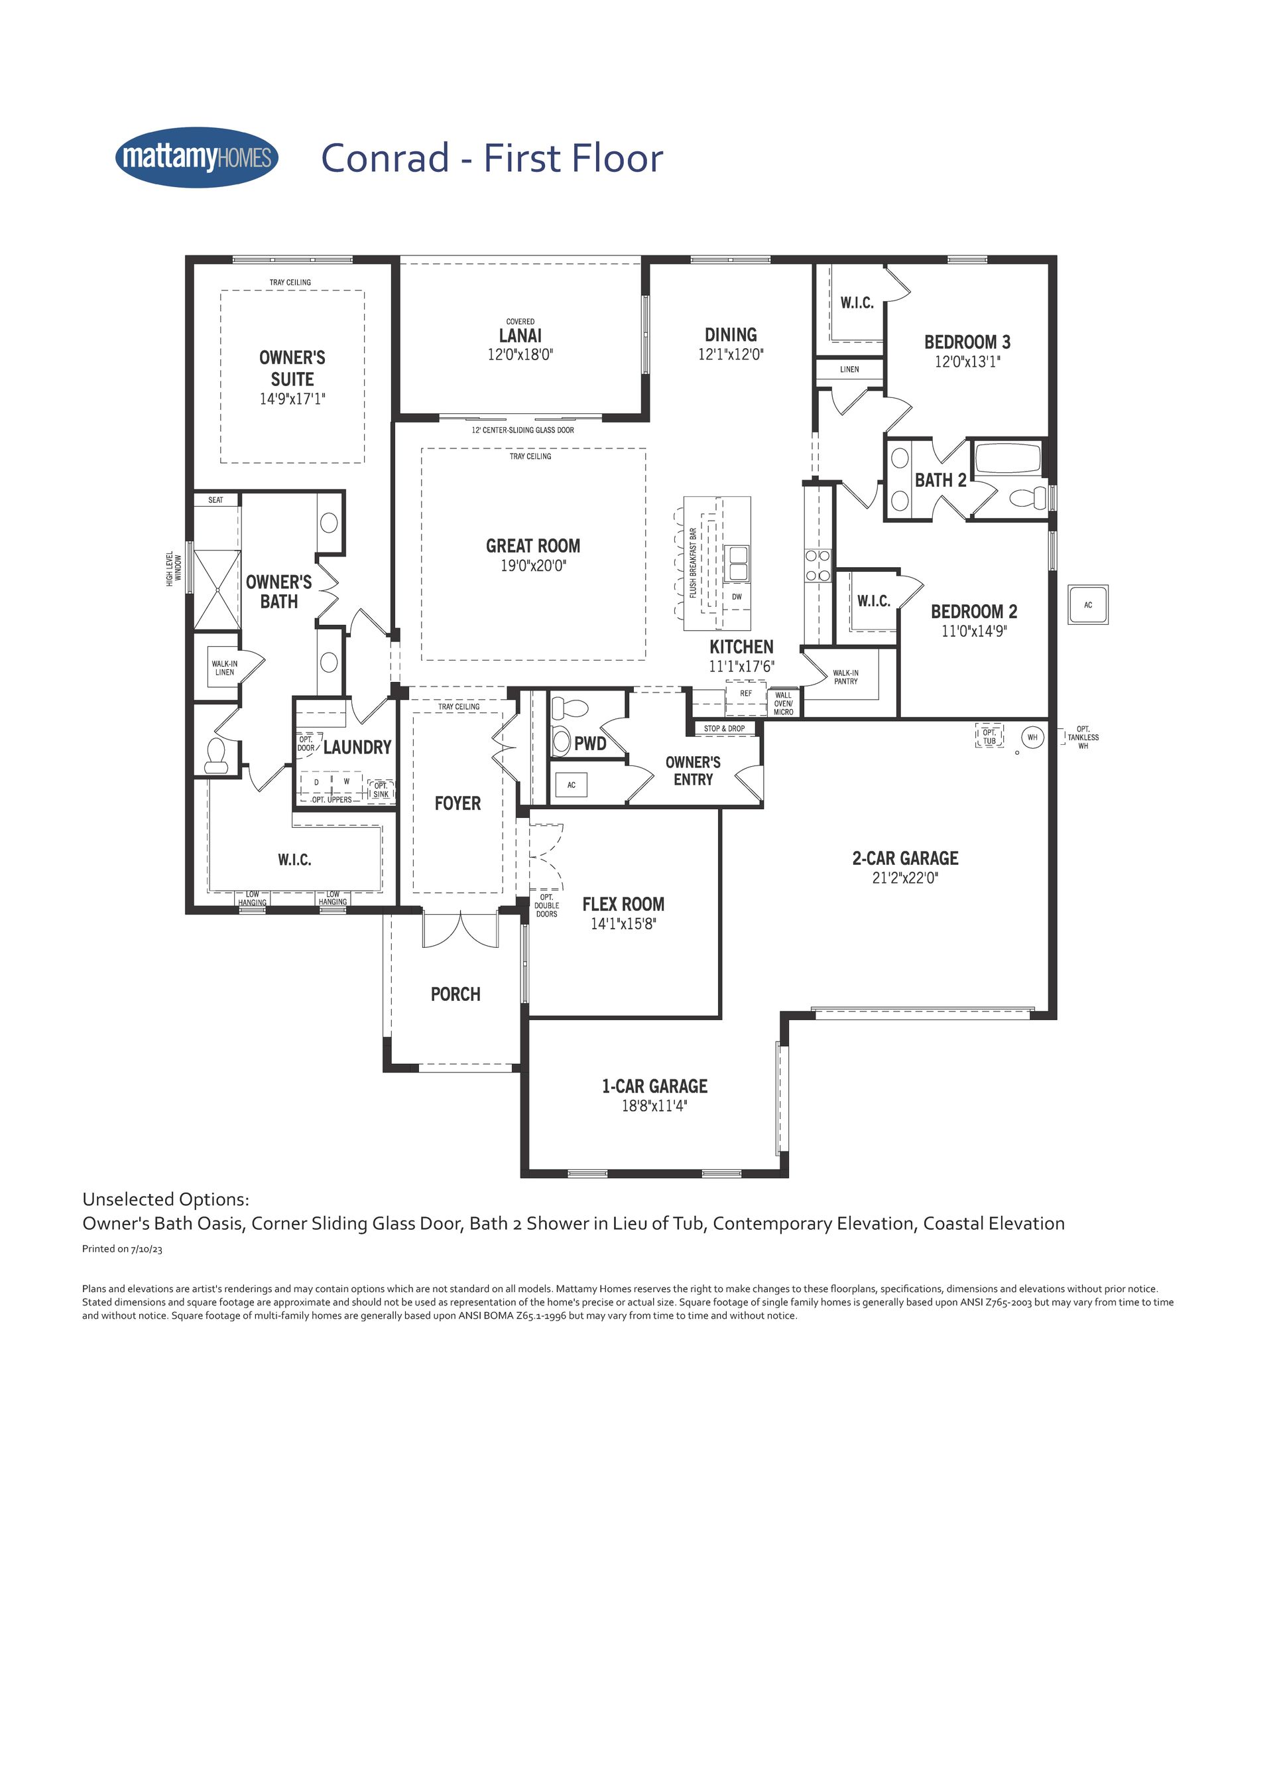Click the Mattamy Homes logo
click(196, 158)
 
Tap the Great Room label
click(533, 546)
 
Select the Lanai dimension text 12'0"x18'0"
click(520, 355)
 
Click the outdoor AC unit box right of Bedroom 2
click(1088, 604)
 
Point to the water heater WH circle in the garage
click(1032, 736)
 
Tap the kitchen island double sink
click(737, 563)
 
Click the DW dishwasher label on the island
click(737, 597)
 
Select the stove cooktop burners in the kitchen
click(818, 566)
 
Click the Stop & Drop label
click(724, 728)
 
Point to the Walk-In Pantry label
click(846, 677)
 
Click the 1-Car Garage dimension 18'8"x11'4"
click(655, 1106)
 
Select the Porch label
click(456, 994)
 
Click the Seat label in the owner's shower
click(216, 500)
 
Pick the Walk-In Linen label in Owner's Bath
click(225, 668)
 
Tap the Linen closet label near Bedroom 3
click(850, 369)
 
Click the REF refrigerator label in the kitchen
click(746, 692)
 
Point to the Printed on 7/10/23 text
click(123, 1249)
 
